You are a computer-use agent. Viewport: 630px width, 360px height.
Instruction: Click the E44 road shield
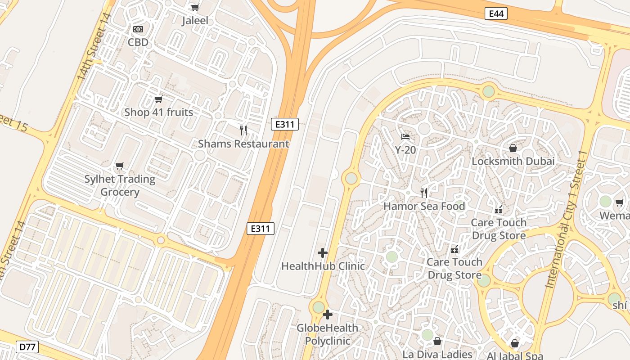(496, 13)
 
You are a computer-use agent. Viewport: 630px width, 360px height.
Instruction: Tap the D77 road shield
(27, 347)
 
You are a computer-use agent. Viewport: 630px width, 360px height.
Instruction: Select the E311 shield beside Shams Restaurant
(285, 124)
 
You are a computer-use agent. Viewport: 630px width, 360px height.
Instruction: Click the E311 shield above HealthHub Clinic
(261, 229)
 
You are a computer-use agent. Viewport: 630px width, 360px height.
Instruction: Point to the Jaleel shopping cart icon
(195, 7)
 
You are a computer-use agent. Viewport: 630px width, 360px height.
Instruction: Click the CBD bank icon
(138, 29)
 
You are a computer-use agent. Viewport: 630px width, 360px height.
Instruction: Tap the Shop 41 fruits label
(158, 112)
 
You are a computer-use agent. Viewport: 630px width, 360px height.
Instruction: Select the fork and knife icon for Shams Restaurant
(243, 130)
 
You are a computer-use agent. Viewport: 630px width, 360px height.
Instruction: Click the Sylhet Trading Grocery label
(120, 185)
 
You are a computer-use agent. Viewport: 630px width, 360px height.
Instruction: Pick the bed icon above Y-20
(405, 136)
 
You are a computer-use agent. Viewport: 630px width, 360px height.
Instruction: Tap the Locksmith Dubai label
(513, 161)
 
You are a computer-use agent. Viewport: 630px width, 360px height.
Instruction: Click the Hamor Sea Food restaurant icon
(423, 193)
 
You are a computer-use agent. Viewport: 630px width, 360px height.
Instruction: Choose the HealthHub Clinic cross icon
(323, 253)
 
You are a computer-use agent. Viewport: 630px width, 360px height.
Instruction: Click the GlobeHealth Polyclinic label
(328, 334)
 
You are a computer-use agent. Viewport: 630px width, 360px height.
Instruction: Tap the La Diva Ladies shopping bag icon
(437, 342)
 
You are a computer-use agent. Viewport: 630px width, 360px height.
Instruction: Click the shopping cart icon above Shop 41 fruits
(158, 99)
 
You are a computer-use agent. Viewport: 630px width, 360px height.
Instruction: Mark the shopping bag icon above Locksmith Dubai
(513, 148)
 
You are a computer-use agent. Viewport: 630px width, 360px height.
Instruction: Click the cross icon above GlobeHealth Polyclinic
(328, 315)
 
